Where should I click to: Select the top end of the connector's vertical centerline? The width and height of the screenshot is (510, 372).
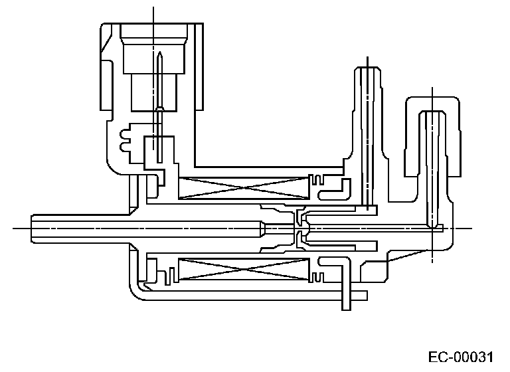tap(153, 8)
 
